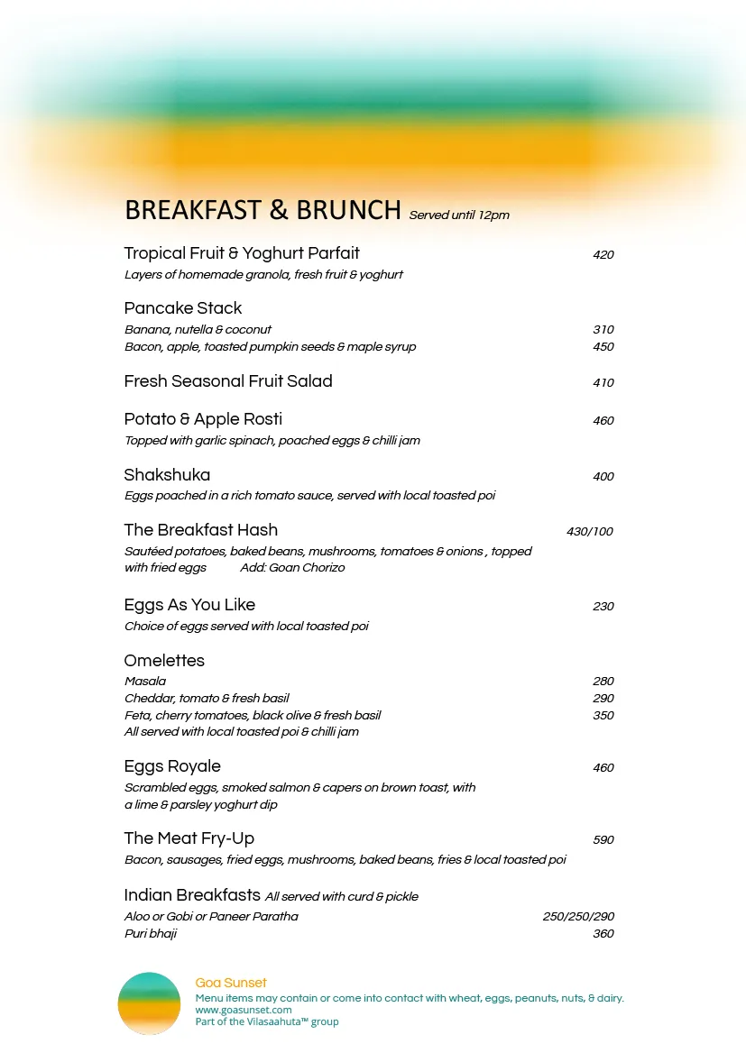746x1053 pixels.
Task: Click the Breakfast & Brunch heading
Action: click(x=262, y=210)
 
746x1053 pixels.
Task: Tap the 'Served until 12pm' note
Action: click(x=459, y=215)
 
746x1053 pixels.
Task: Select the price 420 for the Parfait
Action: click(x=603, y=255)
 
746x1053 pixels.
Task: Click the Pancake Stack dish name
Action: click(x=183, y=308)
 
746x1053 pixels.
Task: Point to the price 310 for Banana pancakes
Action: click(x=603, y=330)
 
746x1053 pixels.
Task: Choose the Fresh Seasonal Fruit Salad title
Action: click(x=228, y=381)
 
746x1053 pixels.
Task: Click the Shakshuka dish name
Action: click(x=167, y=475)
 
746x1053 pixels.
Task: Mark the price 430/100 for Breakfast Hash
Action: click(x=589, y=532)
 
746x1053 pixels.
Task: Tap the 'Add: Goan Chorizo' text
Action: click(x=292, y=568)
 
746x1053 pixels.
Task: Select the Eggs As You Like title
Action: click(x=189, y=605)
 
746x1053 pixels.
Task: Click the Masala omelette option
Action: click(x=145, y=682)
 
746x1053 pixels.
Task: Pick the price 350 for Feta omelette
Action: click(x=603, y=716)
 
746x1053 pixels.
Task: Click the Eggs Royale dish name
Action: click(x=172, y=766)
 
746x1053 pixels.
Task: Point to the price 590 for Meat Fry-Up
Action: click(x=603, y=840)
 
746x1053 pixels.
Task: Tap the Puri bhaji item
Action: click(x=151, y=934)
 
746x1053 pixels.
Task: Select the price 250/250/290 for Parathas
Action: click(x=578, y=917)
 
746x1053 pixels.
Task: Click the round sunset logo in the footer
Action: click(x=149, y=1003)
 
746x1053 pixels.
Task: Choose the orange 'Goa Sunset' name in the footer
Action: click(x=231, y=984)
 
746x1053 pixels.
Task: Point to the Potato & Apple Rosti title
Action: click(x=203, y=419)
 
